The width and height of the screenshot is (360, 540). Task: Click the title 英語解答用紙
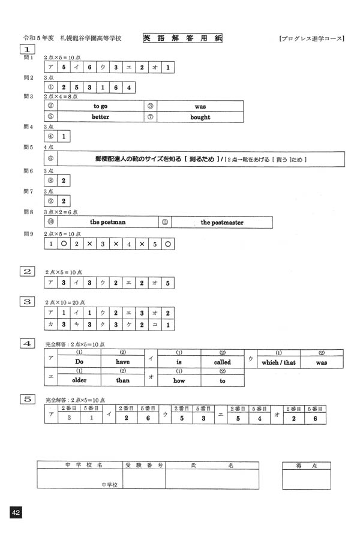click(x=182, y=38)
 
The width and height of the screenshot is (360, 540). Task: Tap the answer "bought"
click(x=200, y=117)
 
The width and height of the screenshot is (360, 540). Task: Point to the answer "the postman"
click(x=107, y=222)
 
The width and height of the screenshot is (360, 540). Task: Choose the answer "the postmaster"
click(x=222, y=222)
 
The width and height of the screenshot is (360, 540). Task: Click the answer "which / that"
click(x=278, y=362)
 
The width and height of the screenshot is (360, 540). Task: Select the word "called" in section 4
click(x=222, y=362)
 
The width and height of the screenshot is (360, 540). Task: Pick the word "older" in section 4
click(x=79, y=380)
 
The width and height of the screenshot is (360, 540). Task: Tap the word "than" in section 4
click(x=122, y=380)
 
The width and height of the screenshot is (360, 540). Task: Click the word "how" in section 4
click(x=179, y=380)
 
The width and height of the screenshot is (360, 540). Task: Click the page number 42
click(x=16, y=512)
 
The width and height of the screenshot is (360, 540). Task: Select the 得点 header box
click(x=306, y=465)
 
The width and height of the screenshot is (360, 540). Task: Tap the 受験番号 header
click(x=144, y=465)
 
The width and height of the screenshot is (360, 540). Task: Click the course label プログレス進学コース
click(x=311, y=38)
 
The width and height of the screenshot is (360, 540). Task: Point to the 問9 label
click(x=28, y=234)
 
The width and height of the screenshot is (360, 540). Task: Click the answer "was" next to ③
click(x=200, y=106)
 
